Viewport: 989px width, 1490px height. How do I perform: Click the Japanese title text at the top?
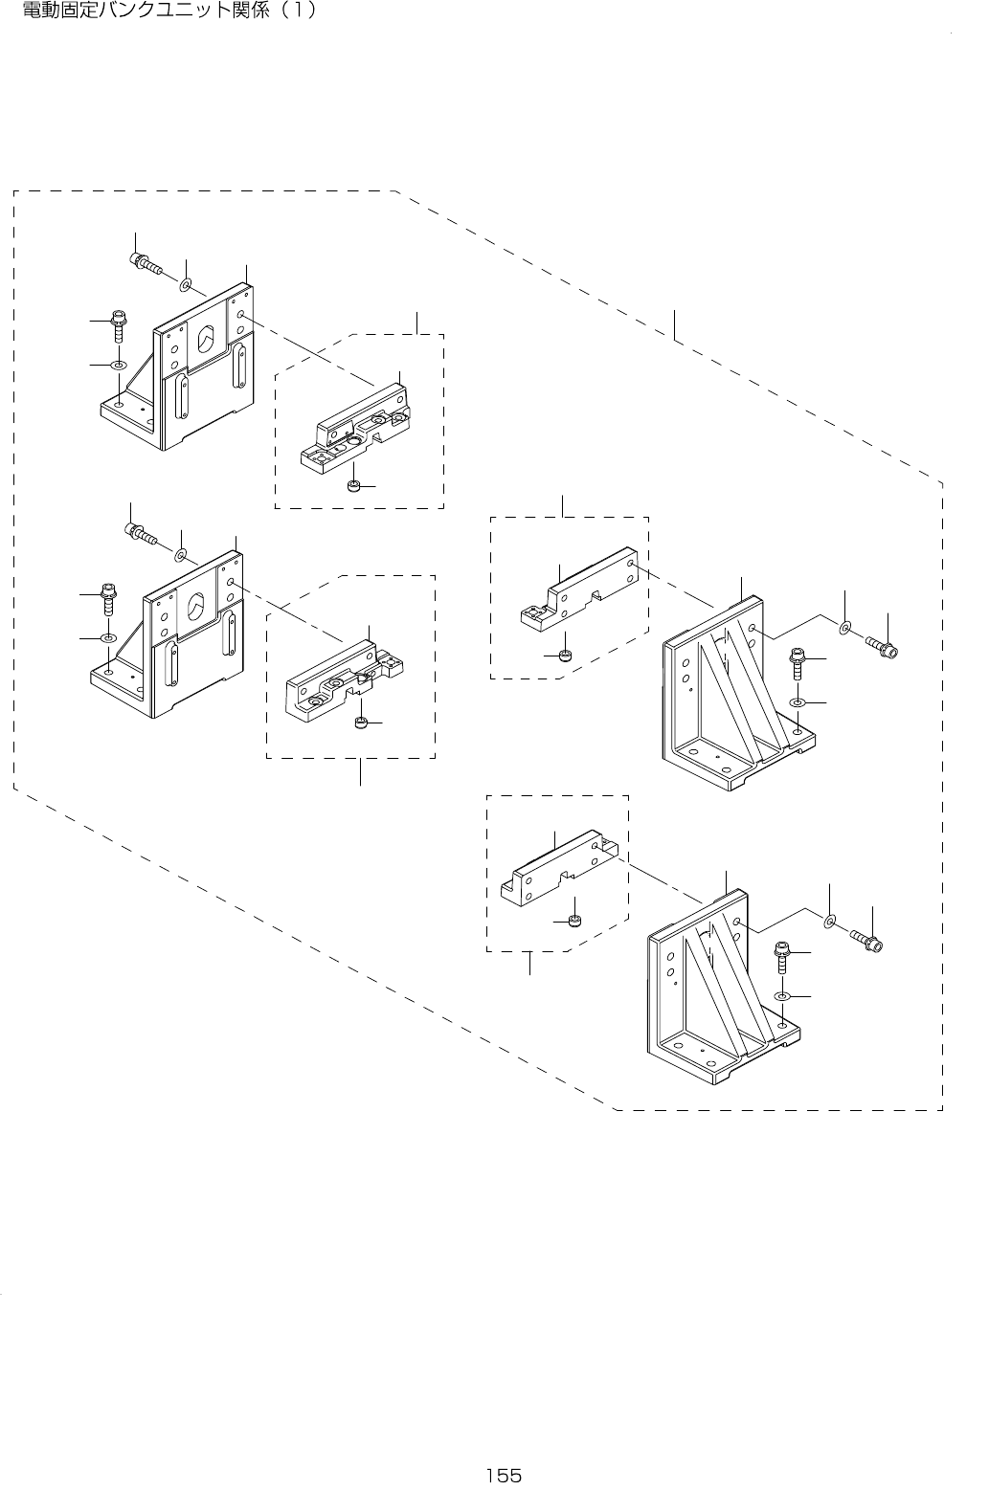click(169, 12)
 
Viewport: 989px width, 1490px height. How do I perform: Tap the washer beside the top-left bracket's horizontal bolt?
click(186, 283)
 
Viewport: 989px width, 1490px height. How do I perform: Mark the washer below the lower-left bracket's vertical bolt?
click(108, 636)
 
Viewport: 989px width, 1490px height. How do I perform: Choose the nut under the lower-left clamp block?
click(362, 722)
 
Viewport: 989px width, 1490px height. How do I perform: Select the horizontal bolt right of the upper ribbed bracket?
click(882, 647)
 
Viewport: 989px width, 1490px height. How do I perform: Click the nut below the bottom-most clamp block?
click(573, 921)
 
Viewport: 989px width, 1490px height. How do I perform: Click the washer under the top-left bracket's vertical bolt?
click(119, 365)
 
